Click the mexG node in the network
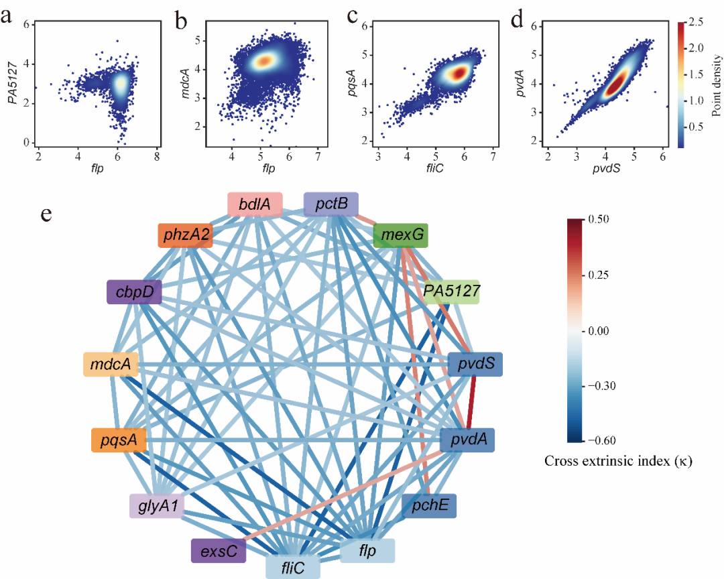pos(401,236)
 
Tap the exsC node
pos(219,552)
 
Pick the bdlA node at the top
pos(254,205)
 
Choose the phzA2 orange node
pos(186,236)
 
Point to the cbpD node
pos(134,292)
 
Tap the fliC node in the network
pos(292,566)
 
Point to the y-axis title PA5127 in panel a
pos(11,82)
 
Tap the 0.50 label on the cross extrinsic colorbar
pos(601,219)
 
